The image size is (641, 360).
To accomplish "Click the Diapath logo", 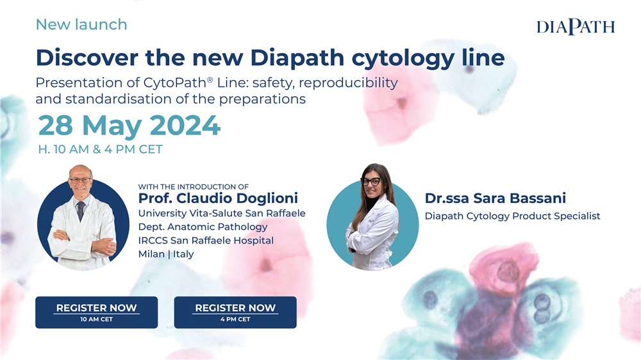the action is pyautogui.click(x=576, y=26).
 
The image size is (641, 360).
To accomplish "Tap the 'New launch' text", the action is pyautogui.click(x=81, y=24).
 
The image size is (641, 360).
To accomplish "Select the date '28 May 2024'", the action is pyautogui.click(x=129, y=125).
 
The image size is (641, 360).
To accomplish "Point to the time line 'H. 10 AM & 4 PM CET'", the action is pyautogui.click(x=100, y=149).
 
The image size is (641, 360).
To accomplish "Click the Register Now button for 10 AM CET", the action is pyautogui.click(x=97, y=312).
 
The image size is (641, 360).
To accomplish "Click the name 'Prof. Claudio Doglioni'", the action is pyautogui.click(x=218, y=198).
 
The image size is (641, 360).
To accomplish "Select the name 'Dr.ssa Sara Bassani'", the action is pyautogui.click(x=495, y=198).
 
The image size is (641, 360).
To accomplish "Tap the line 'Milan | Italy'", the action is pyautogui.click(x=166, y=254).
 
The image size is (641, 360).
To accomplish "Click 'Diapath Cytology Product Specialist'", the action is pyautogui.click(x=513, y=216).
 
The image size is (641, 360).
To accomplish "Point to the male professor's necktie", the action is pyautogui.click(x=81, y=211).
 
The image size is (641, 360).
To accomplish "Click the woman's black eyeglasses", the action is pyautogui.click(x=370, y=181).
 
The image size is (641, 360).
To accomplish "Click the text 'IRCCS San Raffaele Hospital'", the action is pyautogui.click(x=206, y=240).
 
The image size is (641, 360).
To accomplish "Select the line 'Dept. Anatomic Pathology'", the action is pyautogui.click(x=203, y=227).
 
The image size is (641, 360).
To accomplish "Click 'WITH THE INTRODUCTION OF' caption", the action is pyautogui.click(x=194, y=187).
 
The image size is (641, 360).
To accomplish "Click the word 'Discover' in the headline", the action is pyautogui.click(x=87, y=58).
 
